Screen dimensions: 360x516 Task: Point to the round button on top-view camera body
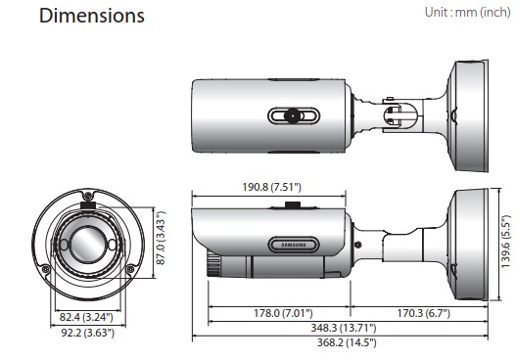tap(292, 115)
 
